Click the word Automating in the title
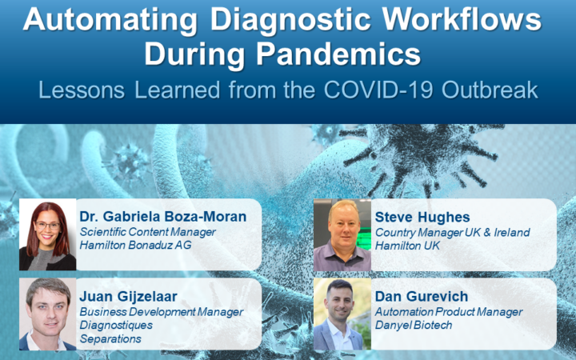click(110, 19)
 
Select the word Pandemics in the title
click(338, 54)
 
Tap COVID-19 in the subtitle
click(378, 90)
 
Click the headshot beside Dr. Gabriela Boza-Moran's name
click(48, 234)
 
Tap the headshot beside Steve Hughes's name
click(342, 235)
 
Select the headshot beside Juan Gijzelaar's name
click(48, 314)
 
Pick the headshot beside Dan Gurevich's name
click(342, 314)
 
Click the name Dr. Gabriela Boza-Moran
click(163, 217)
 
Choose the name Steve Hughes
click(422, 217)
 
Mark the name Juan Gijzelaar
click(129, 297)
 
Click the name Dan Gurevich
click(422, 297)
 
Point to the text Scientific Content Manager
click(148, 232)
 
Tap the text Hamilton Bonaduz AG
click(135, 245)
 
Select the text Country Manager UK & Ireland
click(453, 233)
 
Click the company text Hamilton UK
click(407, 246)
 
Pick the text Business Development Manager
click(162, 312)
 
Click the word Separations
click(110, 338)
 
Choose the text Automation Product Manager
click(449, 312)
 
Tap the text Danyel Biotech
click(414, 326)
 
